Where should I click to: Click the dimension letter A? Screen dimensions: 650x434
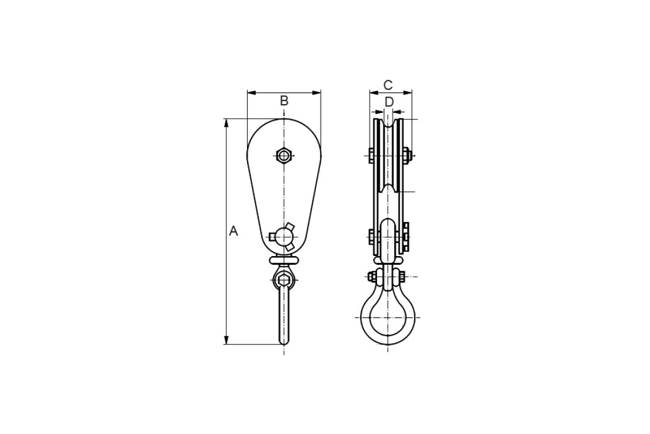(233, 231)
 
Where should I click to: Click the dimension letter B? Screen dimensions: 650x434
(284, 101)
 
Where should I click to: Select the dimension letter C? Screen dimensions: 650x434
(388, 86)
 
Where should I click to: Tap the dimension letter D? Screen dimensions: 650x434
(389, 102)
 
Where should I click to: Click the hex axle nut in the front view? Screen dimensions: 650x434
(284, 156)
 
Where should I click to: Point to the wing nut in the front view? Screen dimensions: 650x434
(282, 237)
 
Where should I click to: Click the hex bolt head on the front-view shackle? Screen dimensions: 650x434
(283, 280)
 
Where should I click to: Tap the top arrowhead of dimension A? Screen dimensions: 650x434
(226, 123)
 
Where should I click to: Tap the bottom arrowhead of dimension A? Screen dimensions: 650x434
(226, 340)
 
